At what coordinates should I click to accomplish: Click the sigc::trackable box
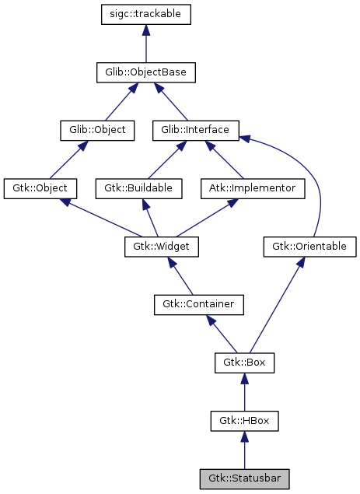pyautogui.click(x=146, y=15)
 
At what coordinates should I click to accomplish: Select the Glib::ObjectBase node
pyautogui.click(x=146, y=72)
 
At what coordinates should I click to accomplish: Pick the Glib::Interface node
pyautogui.click(x=195, y=130)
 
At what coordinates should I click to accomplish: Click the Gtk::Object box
pyautogui.click(x=40, y=188)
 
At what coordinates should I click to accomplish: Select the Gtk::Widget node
pyautogui.click(x=162, y=247)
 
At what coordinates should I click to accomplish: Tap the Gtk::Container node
pyautogui.click(x=199, y=304)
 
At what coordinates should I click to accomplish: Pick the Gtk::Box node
pyautogui.click(x=244, y=363)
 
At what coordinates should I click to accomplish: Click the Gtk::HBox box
pyautogui.click(x=244, y=421)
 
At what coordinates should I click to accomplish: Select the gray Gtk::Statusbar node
pyautogui.click(x=244, y=478)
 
